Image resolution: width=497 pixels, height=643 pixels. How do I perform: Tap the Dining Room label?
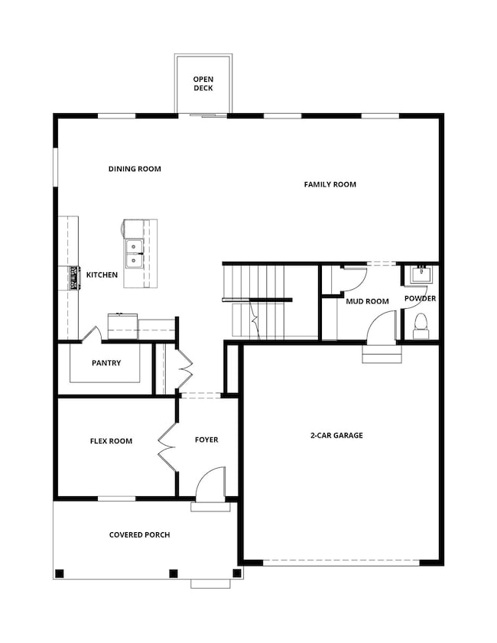click(135, 169)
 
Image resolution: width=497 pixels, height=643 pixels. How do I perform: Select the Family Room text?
click(330, 184)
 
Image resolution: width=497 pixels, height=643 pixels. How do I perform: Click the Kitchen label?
click(102, 275)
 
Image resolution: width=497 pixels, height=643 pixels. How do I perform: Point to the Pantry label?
click(106, 363)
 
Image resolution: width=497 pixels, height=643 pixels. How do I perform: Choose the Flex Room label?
click(111, 440)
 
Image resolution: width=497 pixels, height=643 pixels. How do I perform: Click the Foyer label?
click(206, 440)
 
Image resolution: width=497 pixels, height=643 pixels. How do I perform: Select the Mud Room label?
click(367, 301)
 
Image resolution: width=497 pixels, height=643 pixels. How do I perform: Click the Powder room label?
click(420, 298)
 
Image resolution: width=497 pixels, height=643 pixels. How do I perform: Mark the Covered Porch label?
click(139, 534)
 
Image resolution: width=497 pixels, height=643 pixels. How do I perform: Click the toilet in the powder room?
click(420, 324)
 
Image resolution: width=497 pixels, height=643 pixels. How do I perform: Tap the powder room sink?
click(420, 274)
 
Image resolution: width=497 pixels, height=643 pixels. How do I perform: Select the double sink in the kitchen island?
click(135, 254)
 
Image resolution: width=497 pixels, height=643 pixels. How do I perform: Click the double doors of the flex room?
click(166, 445)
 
